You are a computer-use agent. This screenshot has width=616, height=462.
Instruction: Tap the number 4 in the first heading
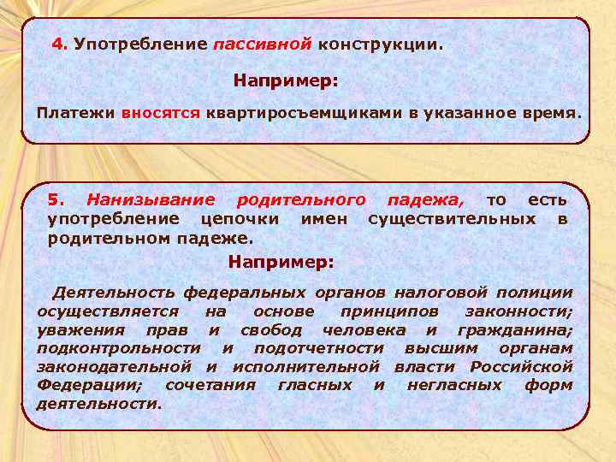pos(58,43)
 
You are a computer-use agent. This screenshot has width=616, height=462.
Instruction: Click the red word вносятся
pos(160,112)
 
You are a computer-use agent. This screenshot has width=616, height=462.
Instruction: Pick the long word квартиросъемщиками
pos(308,112)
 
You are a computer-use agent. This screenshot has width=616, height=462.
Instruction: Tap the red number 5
pos(55,200)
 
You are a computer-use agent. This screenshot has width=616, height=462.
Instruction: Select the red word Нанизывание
pos(151,200)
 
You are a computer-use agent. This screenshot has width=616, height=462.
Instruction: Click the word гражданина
pos(515,330)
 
